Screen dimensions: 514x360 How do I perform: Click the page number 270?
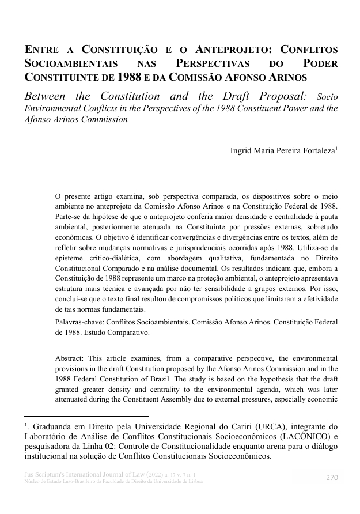coord(331,477)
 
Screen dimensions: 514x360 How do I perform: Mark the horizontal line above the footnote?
coord(86,416)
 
